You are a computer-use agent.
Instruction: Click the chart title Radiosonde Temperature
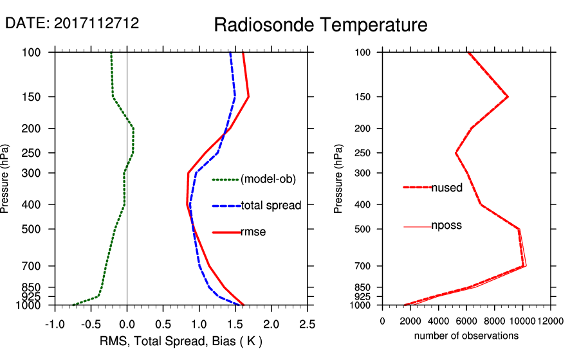[320, 25]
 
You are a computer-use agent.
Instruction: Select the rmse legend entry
[253, 232]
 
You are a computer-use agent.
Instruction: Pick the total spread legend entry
[270, 206]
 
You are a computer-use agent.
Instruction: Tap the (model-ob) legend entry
[268, 179]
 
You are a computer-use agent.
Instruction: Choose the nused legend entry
[446, 188]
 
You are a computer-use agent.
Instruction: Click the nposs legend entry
[446, 226]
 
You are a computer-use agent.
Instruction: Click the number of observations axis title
[466, 336]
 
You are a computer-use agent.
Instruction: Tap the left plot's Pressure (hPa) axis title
[7, 179]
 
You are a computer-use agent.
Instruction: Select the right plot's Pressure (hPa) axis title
[339, 179]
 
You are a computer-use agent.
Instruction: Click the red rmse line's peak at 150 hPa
[248, 97]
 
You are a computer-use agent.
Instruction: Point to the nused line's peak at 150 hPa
[508, 97]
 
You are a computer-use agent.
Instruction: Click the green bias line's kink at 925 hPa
[98, 296]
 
